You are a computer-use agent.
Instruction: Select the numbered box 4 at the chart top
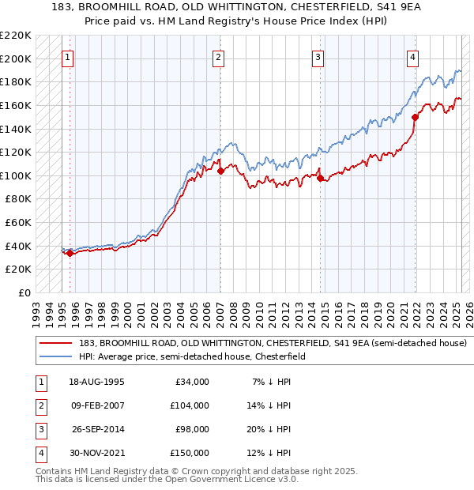[412, 57]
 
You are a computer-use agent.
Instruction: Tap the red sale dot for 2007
[220, 170]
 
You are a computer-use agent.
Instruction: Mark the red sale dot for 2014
[321, 178]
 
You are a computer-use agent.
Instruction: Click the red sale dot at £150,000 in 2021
[416, 117]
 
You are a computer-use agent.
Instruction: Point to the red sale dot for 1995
[70, 253]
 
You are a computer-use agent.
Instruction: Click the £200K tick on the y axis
[17, 58]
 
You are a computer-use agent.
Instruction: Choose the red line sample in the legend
[56, 344]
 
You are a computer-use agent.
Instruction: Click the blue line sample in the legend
[56, 357]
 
